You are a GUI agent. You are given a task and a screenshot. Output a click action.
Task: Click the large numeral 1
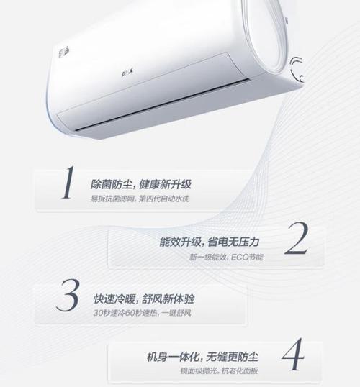point(67,184)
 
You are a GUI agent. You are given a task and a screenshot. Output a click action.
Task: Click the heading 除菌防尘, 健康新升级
point(140,183)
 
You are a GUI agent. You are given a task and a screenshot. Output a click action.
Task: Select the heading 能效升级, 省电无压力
point(209,241)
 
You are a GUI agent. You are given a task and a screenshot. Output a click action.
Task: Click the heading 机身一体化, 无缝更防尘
point(206,355)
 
